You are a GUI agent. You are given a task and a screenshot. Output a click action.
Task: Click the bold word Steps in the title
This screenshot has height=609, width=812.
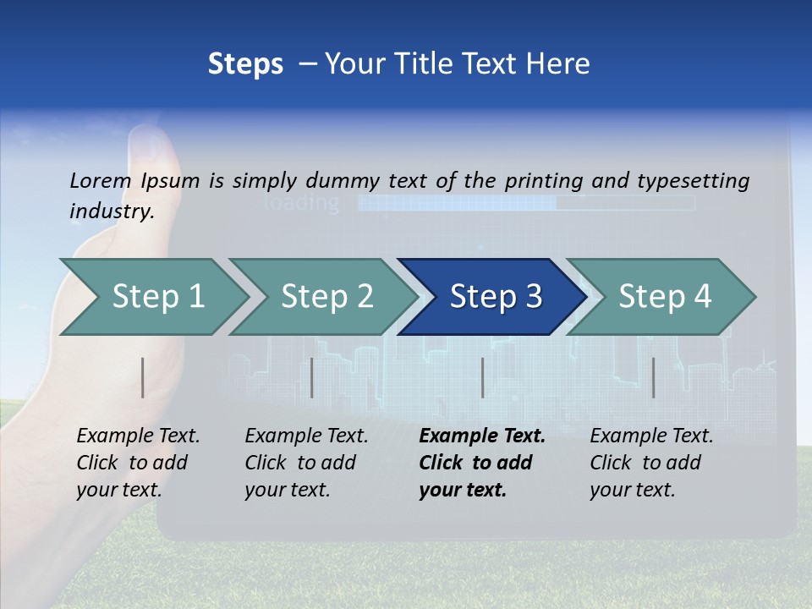click(x=245, y=64)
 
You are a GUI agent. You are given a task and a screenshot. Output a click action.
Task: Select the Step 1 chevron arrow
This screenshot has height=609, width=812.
click(x=157, y=297)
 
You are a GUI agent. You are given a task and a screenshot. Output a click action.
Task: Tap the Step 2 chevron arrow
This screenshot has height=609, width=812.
click(x=326, y=297)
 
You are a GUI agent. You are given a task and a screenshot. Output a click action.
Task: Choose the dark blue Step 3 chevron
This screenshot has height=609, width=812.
click(x=495, y=297)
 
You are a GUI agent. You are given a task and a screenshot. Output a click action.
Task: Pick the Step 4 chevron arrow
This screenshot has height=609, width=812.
click(x=664, y=297)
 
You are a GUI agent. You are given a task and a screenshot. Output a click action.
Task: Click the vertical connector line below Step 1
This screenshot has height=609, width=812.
click(x=143, y=377)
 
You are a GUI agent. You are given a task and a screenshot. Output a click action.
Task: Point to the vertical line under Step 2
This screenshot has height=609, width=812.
click(x=312, y=377)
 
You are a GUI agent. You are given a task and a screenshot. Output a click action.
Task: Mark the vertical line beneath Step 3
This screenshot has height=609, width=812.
click(x=482, y=377)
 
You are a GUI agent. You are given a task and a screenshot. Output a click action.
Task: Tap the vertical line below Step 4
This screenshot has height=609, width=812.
click(x=653, y=377)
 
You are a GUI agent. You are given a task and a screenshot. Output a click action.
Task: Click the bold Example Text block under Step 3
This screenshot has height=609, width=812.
click(x=480, y=463)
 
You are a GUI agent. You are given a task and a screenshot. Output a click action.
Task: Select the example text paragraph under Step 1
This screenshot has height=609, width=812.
click(x=137, y=463)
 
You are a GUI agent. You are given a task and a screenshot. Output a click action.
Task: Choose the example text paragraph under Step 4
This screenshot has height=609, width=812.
click(x=650, y=463)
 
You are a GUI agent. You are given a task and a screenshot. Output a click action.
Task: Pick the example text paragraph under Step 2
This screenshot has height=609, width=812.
click(x=305, y=463)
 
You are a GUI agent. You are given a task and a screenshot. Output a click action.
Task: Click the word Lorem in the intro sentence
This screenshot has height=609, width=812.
click(x=101, y=180)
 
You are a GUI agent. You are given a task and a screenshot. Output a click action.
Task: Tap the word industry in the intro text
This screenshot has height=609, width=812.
click(x=111, y=211)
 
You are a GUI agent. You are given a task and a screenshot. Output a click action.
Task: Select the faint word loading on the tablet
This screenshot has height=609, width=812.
click(x=302, y=203)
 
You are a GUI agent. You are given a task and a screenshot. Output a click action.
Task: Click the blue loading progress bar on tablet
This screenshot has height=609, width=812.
click(x=457, y=203)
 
